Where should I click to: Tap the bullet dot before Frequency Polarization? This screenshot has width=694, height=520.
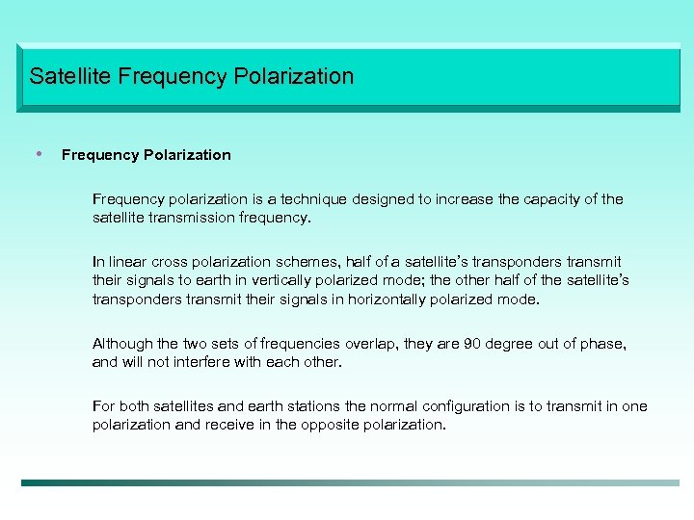39,153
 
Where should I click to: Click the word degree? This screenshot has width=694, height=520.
511,344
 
